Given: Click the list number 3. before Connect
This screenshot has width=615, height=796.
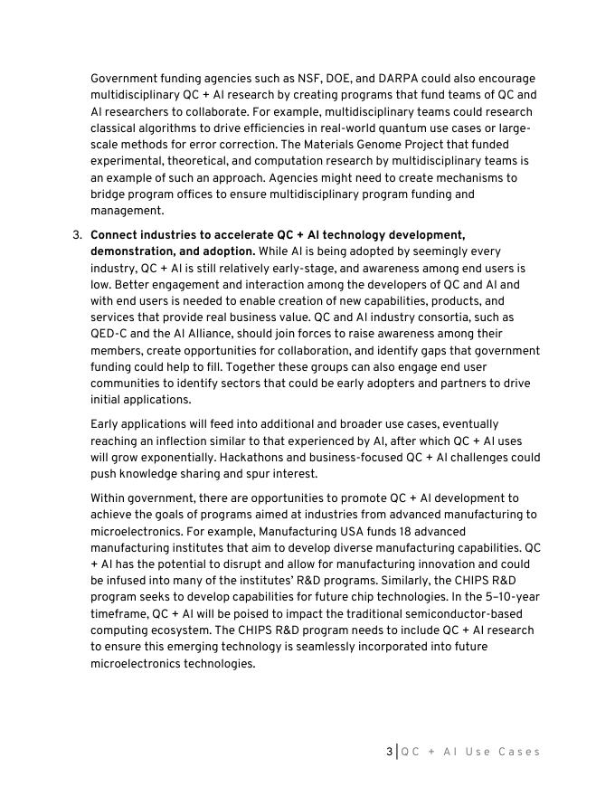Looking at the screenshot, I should (77, 235).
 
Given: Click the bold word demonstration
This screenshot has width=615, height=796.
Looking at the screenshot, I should (133, 251).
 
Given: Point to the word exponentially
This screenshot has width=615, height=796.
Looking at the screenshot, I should (159, 457).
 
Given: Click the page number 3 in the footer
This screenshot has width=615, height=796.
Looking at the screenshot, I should (389, 752).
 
